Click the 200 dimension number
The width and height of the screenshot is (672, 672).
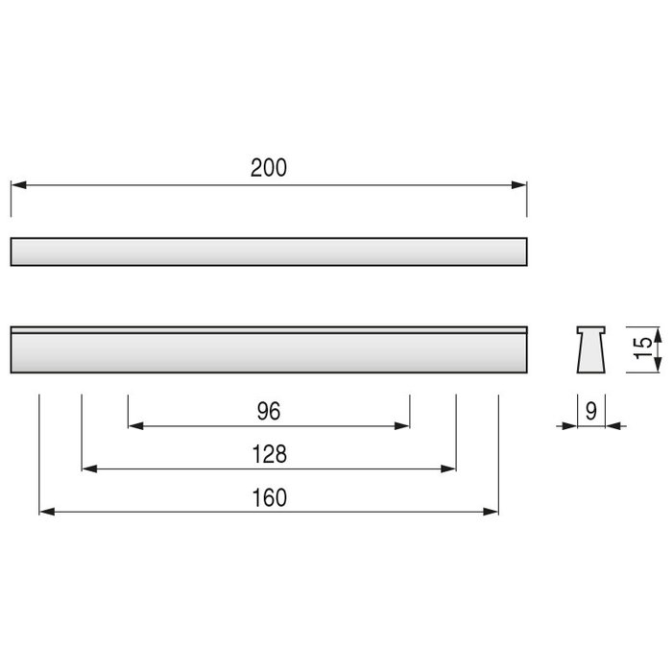pos(269,167)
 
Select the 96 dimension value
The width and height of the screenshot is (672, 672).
pos(269,411)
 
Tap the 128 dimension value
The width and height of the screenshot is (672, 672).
pos(269,454)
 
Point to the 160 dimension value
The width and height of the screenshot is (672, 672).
pos(269,498)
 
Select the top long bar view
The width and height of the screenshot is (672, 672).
pos(269,252)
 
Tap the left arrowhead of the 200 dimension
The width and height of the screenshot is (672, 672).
pos(17,184)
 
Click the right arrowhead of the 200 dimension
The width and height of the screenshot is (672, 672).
pos(521,184)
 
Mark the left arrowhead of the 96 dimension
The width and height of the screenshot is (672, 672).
pos(134,425)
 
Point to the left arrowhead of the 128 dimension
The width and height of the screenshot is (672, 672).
pos(89,468)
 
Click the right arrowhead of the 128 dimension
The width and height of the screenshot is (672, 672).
pos(448,468)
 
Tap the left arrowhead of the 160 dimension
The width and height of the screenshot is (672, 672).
pos(46,512)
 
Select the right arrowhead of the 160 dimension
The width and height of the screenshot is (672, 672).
pos(492,512)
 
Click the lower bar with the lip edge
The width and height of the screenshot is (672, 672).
pos(269,350)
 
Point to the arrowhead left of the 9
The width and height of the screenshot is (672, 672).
pos(570,425)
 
